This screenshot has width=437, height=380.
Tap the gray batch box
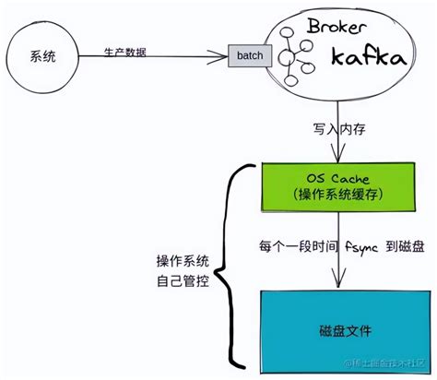(x=249, y=56)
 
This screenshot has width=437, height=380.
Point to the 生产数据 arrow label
(x=124, y=50)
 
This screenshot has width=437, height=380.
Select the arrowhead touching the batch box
(x=224, y=56)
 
